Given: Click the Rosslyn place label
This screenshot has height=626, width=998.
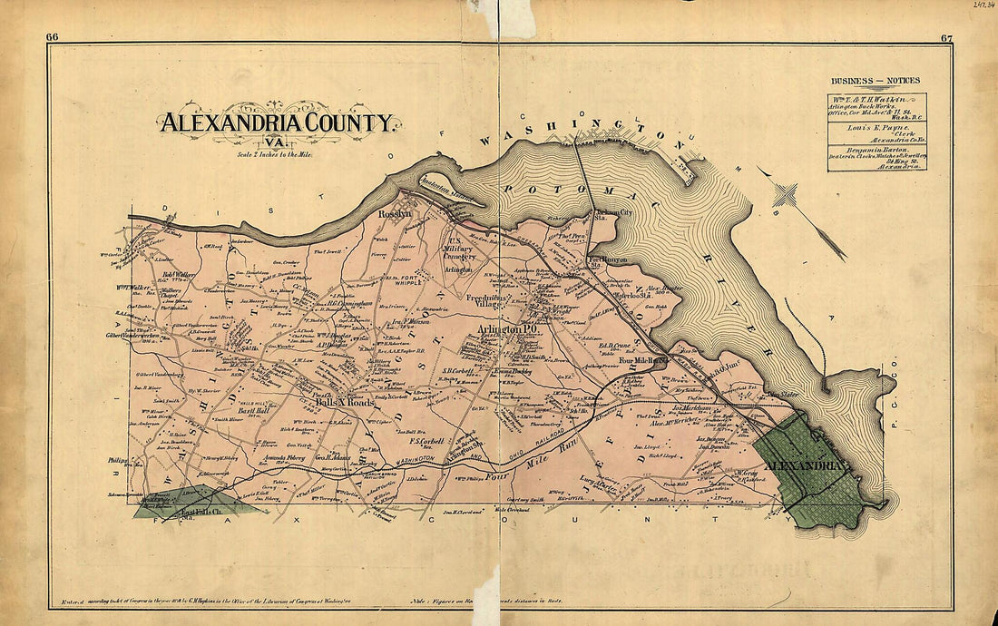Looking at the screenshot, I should (x=395, y=214).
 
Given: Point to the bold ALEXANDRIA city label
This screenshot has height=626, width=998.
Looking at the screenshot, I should (x=806, y=466).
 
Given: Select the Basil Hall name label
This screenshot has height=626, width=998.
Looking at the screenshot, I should (x=249, y=409).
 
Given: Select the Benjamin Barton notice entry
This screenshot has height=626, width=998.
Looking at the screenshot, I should (x=876, y=156).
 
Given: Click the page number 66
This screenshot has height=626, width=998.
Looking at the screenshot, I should (x=53, y=37).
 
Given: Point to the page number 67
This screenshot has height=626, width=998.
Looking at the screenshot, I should (x=945, y=37).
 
